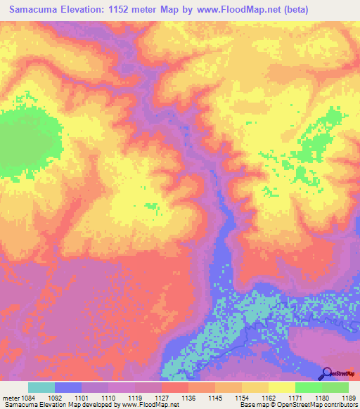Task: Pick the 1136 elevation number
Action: pos(188,398)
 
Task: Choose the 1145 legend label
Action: pos(215,398)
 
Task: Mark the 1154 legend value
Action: pos(242,398)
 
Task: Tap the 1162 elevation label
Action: pos(269,398)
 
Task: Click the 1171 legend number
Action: pos(295,398)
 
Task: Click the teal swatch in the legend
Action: pos(41,387)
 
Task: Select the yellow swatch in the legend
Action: pos(282,387)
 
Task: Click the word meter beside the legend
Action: pos(9,398)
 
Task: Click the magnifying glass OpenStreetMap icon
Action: pos(328,373)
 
